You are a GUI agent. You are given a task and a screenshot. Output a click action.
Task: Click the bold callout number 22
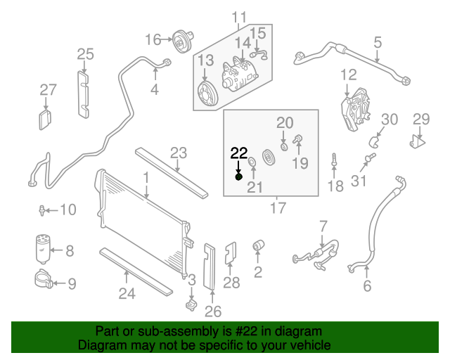[239, 152]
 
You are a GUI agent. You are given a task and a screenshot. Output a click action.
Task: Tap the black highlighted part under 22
[238, 176]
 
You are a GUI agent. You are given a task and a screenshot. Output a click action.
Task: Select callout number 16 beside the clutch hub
[153, 40]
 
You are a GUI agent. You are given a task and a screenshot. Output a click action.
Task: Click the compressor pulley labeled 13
[207, 91]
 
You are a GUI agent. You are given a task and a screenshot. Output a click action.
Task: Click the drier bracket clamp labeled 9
[44, 283]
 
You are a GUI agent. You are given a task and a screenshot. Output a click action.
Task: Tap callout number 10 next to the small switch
[67, 210]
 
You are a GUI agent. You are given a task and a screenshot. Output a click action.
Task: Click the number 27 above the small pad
[48, 90]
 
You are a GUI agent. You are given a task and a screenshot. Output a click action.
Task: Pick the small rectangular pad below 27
[46, 117]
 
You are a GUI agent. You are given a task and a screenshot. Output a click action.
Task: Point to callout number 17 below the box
[278, 208]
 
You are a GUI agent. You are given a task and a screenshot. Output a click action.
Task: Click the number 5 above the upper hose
[378, 42]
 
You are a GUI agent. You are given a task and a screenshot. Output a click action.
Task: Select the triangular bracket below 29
[418, 141]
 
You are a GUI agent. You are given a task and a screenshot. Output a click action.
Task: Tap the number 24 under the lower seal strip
[127, 293]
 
